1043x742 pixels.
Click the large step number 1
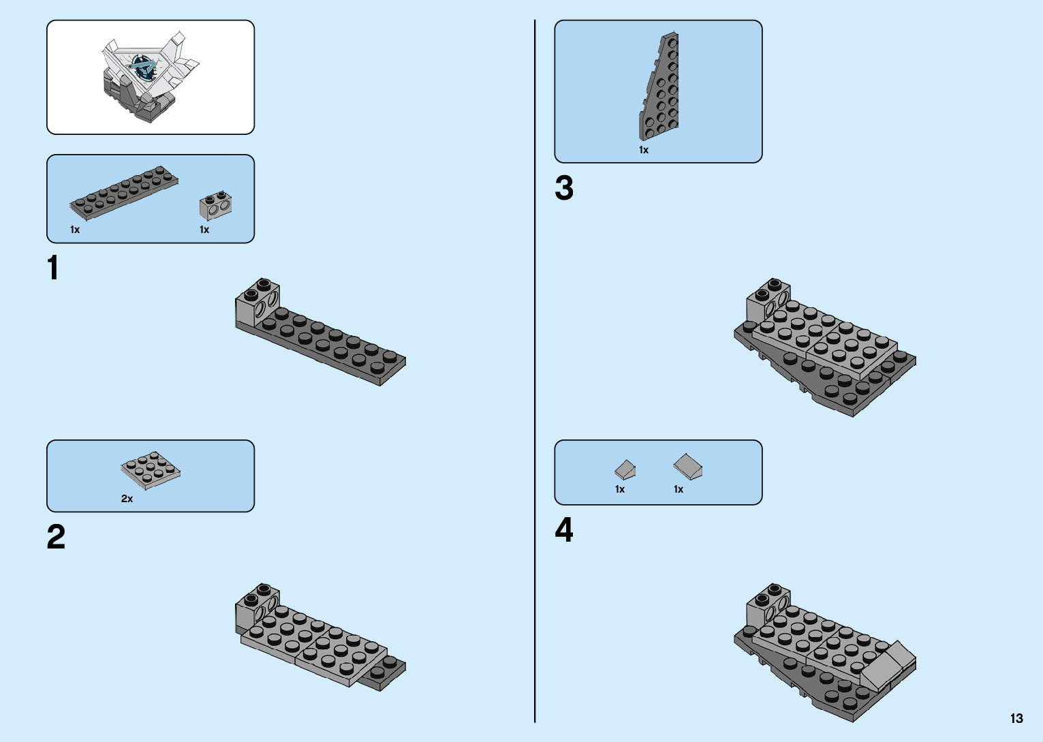click(53, 268)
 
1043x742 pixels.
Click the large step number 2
click(56, 537)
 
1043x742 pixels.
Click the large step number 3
click(564, 189)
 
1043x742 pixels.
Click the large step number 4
click(564, 530)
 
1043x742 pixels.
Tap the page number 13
click(1016, 718)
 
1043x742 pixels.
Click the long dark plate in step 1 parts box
click(124, 192)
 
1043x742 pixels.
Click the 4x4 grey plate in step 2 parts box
click(151, 470)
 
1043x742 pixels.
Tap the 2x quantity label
click(127, 499)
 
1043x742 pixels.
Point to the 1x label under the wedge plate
click(643, 150)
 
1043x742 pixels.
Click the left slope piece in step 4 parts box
click(625, 469)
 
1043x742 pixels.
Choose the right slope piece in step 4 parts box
click(688, 467)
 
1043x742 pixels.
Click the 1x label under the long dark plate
click(75, 230)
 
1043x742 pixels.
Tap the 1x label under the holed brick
click(204, 230)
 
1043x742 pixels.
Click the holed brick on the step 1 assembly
click(258, 303)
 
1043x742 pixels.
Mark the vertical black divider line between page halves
click(535, 371)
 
